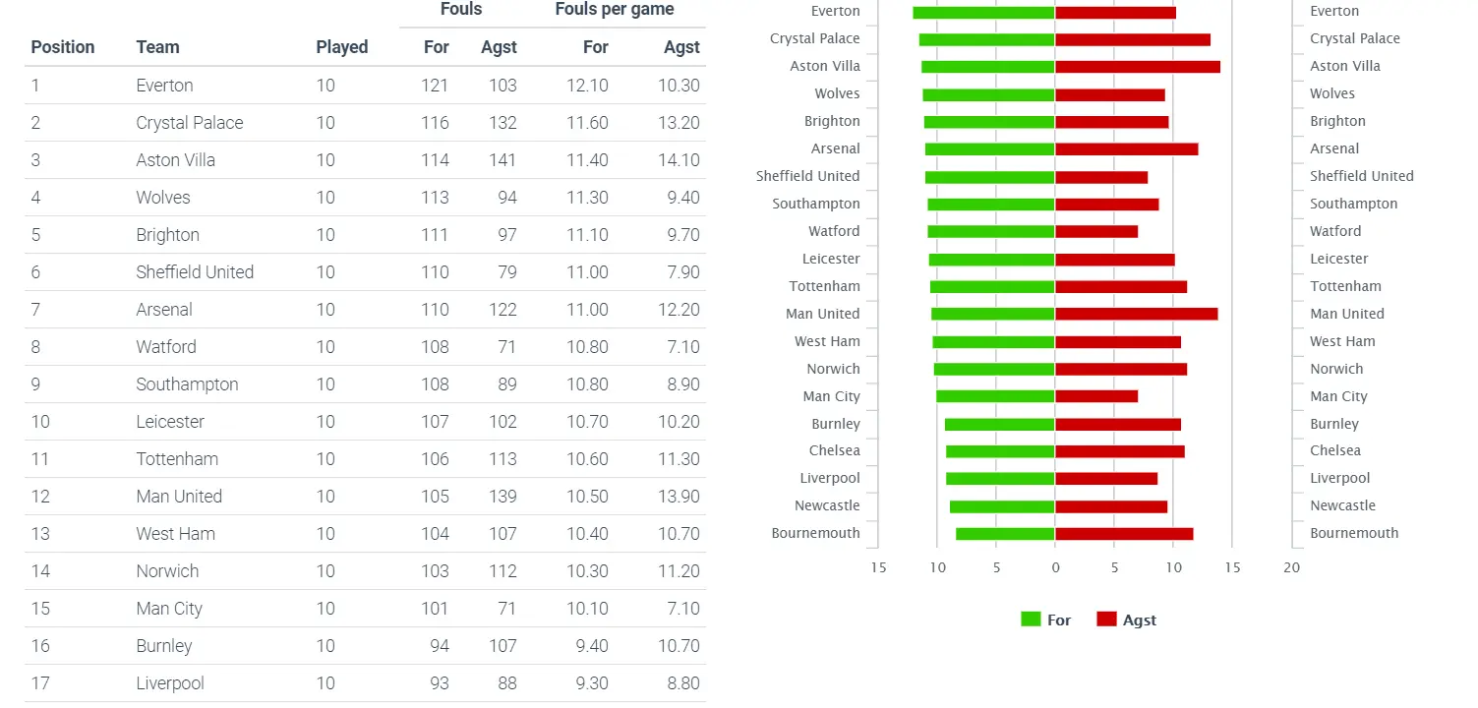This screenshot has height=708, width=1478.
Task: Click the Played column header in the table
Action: point(341,47)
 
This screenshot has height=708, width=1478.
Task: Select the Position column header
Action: point(63,47)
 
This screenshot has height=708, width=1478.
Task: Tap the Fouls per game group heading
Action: point(615,10)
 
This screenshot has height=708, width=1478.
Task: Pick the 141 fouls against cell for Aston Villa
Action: point(502,160)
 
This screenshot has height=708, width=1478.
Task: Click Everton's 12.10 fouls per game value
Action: point(587,86)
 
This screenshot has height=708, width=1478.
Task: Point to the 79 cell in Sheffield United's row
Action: point(506,272)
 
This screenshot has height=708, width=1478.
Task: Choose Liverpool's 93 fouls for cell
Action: point(435,683)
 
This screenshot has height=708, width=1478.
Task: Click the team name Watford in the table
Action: point(166,347)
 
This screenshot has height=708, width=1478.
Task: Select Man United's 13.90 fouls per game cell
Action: point(679,497)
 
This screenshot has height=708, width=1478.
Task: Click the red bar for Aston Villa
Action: point(1138,67)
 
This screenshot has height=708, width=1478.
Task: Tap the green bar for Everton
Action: point(983,13)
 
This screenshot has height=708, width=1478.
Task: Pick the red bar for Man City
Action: point(1096,396)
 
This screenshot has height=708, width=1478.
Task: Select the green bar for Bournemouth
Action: point(1005,534)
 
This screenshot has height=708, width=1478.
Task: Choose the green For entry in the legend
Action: point(1046,620)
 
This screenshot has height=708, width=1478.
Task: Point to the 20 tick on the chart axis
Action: point(1291,567)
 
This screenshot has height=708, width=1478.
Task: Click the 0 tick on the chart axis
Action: point(1055,567)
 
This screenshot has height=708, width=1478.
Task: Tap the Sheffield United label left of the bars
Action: point(807,176)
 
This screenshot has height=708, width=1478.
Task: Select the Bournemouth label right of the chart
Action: point(1354,533)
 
